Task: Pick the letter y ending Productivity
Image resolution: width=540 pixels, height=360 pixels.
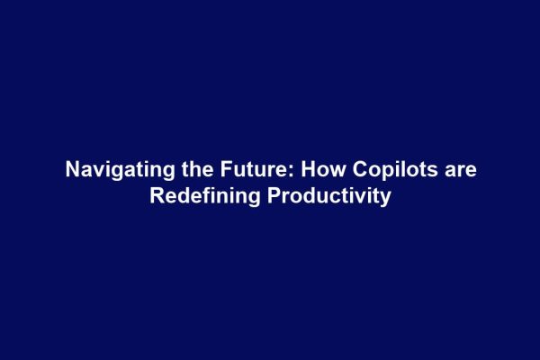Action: click(x=385, y=197)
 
